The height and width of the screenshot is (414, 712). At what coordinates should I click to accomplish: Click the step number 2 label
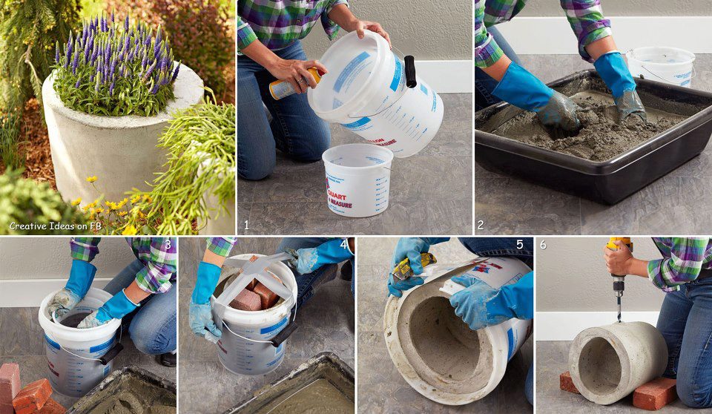click(481, 224)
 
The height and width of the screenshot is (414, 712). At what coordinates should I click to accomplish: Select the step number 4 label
click(343, 244)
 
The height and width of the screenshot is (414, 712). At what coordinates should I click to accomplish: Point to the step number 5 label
click(520, 244)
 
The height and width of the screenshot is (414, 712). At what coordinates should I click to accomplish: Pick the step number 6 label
click(543, 244)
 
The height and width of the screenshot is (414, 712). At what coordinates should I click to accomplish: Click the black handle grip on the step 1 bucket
click(409, 71)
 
